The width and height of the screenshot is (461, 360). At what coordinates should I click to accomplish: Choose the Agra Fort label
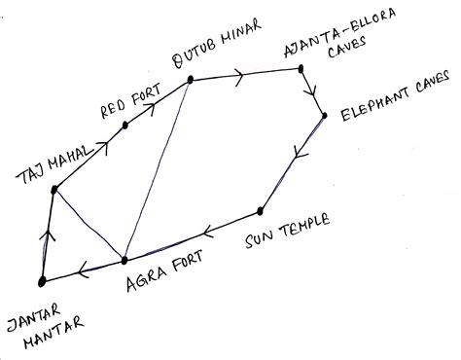[162, 282]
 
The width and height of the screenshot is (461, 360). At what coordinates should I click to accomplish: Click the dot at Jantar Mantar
[42, 281]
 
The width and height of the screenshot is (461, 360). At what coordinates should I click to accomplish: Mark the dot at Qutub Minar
[191, 78]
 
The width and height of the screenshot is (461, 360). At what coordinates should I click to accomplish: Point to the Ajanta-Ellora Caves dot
[302, 68]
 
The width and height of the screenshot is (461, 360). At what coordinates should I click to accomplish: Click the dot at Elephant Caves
[324, 116]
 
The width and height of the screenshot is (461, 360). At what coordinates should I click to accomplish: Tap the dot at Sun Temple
[261, 210]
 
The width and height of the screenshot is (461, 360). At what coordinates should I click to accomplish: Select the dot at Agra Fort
[124, 260]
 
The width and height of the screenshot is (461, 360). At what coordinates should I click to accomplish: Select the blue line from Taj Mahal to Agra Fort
[89, 225]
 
